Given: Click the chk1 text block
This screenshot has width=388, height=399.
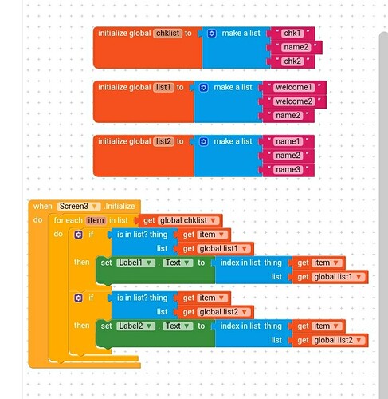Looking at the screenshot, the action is (x=292, y=34).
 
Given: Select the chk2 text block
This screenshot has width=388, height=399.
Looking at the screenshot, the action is (x=292, y=61).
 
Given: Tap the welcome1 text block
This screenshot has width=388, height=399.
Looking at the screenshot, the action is (x=294, y=88).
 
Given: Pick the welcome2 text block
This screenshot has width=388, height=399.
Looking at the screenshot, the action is (x=294, y=101).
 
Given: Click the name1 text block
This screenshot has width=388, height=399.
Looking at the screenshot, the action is (x=288, y=141).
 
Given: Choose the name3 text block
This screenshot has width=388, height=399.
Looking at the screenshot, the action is (x=288, y=170).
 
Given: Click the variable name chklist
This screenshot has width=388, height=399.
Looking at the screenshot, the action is (x=168, y=34).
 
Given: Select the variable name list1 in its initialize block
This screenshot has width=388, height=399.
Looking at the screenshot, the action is (x=163, y=88).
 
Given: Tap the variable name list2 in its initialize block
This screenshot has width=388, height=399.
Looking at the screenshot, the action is (x=163, y=141).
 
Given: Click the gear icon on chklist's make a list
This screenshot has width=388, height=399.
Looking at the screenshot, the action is (x=212, y=34).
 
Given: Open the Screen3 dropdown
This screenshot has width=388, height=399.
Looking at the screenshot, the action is (x=79, y=207).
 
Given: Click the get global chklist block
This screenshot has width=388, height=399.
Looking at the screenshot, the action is (x=179, y=220).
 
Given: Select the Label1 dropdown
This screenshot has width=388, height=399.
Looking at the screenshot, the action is (x=135, y=263).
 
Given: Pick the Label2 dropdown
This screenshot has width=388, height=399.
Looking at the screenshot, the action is (x=135, y=326).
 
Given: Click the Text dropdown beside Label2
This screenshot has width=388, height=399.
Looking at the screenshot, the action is (x=178, y=326).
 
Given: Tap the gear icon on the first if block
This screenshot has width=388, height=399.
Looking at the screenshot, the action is (x=78, y=235).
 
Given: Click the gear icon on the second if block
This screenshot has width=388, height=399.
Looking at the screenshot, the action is (x=78, y=298).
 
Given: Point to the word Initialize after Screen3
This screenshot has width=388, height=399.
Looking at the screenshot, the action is (x=120, y=207).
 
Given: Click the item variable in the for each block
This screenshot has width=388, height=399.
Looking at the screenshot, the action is (x=96, y=220).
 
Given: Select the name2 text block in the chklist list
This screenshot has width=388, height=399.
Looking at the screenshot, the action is (x=296, y=47).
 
